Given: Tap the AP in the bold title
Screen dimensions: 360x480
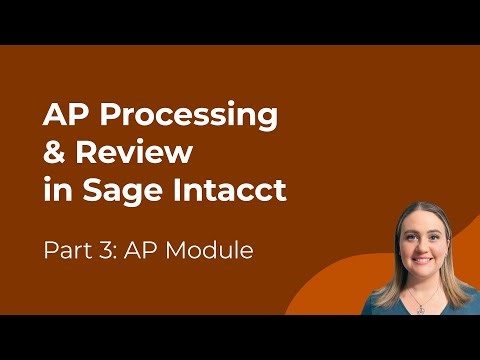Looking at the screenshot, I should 63,116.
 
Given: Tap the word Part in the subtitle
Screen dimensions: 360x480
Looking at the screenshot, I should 66,249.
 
